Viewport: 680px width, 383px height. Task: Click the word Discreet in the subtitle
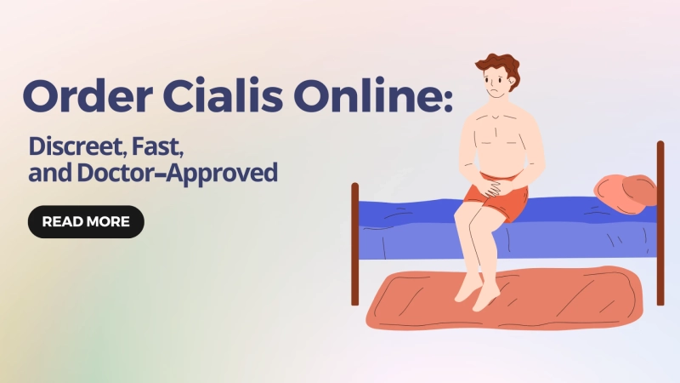coord(75,146)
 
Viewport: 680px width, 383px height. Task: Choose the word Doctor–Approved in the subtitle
coord(203,174)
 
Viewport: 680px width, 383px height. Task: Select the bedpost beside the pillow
coord(660,221)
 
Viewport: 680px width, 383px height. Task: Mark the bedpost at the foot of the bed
coord(355,243)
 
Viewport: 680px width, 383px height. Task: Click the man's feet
coord(476,294)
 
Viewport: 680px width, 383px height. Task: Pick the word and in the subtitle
coord(48,174)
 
